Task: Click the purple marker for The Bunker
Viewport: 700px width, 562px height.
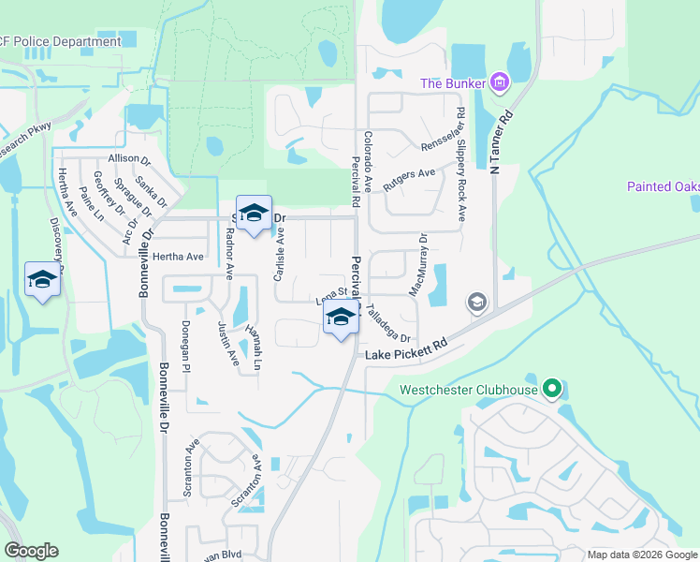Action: (x=500, y=83)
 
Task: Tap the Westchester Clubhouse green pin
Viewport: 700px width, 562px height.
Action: (x=552, y=389)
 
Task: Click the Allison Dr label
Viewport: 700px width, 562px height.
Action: (x=129, y=159)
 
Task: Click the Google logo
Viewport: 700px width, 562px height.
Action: (x=31, y=551)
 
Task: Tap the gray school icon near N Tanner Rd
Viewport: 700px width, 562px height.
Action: (x=476, y=303)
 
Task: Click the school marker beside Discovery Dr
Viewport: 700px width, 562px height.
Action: (x=42, y=279)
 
